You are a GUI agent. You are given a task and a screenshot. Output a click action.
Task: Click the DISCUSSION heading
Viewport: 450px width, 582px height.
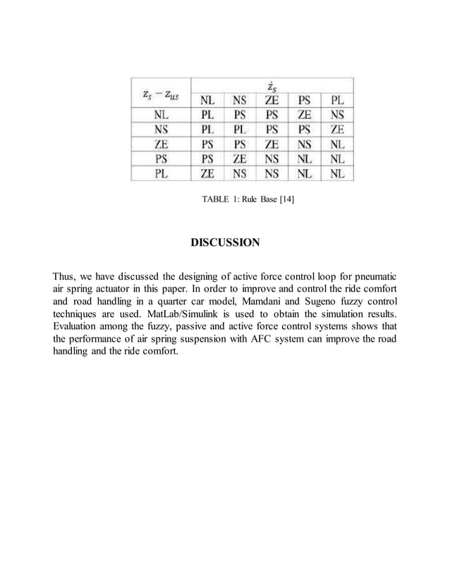coord(225,243)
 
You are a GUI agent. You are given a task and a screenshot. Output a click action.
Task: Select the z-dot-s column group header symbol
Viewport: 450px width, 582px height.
coord(272,87)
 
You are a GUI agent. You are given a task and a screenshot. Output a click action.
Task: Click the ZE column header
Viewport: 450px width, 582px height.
coord(272,101)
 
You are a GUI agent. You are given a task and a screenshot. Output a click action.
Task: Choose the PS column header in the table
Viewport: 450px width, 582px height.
coord(305,101)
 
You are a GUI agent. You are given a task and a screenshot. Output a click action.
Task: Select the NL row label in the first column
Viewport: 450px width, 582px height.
coord(160,115)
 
